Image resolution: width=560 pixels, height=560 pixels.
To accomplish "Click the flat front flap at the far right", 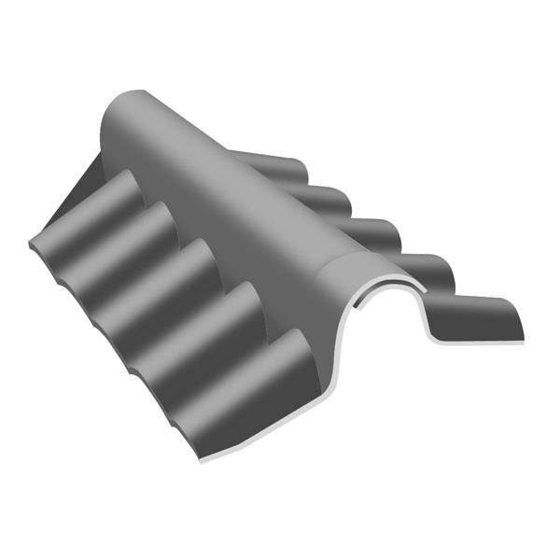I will (476, 317).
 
